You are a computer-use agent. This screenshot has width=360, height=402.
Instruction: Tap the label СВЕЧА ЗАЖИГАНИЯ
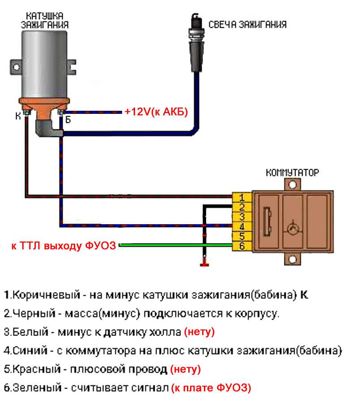click(247, 24)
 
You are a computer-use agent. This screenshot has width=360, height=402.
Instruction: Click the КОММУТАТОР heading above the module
click(292, 172)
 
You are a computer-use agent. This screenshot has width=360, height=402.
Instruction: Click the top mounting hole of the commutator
click(293, 184)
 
